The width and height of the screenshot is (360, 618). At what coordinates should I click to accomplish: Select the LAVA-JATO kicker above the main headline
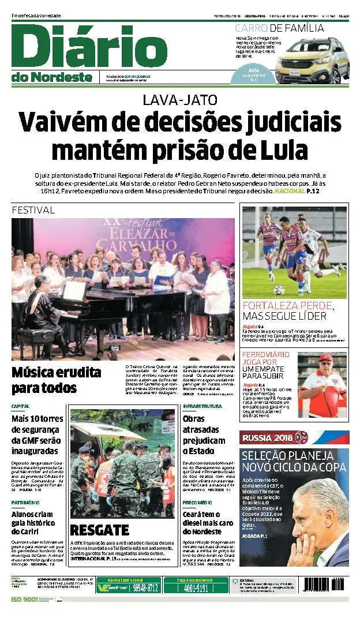tap(180, 99)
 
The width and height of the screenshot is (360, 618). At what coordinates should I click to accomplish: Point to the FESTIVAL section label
tap(33, 210)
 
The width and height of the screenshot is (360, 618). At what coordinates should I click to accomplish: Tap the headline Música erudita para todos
tap(56, 379)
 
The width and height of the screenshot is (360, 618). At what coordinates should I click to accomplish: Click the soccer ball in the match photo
tap(279, 290)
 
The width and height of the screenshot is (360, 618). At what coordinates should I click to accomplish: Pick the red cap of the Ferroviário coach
tap(325, 358)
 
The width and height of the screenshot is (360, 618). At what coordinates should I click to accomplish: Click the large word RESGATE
tap(99, 530)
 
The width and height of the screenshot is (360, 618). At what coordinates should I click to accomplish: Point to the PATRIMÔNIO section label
tap(25, 503)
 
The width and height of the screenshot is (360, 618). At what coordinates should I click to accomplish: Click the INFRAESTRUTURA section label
tap(202, 406)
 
